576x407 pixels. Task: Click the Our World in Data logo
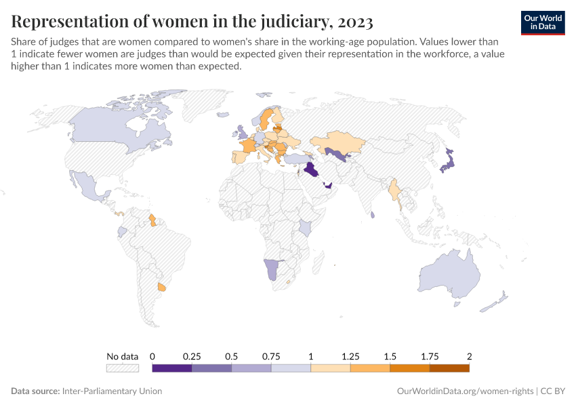[543, 22]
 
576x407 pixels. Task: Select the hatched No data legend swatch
[123, 368]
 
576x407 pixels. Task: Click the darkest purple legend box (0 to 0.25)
[172, 368]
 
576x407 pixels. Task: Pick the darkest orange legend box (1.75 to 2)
[449, 368]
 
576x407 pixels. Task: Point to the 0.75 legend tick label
[271, 356]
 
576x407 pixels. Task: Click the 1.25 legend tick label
[350, 356]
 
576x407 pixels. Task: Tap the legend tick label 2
[469, 356]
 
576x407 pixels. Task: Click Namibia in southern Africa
[272, 269]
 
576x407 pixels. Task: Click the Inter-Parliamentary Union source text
[112, 391]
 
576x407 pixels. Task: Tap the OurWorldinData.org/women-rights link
[464, 391]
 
